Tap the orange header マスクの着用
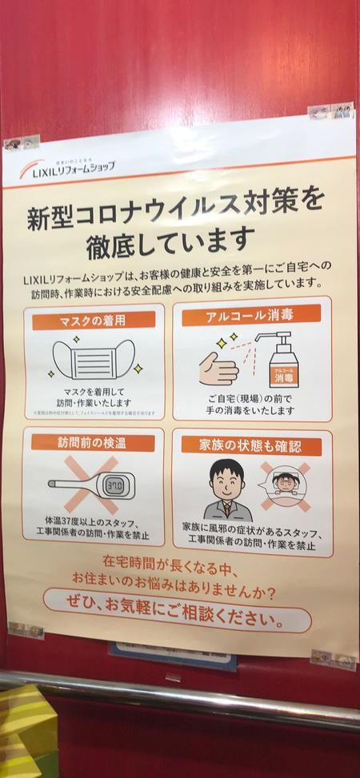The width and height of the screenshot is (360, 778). (95, 320)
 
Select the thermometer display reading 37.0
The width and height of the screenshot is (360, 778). (114, 484)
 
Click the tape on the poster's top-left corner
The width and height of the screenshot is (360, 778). (22, 143)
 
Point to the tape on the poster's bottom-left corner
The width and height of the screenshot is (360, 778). (26, 629)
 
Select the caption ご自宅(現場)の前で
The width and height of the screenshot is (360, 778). (251, 397)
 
